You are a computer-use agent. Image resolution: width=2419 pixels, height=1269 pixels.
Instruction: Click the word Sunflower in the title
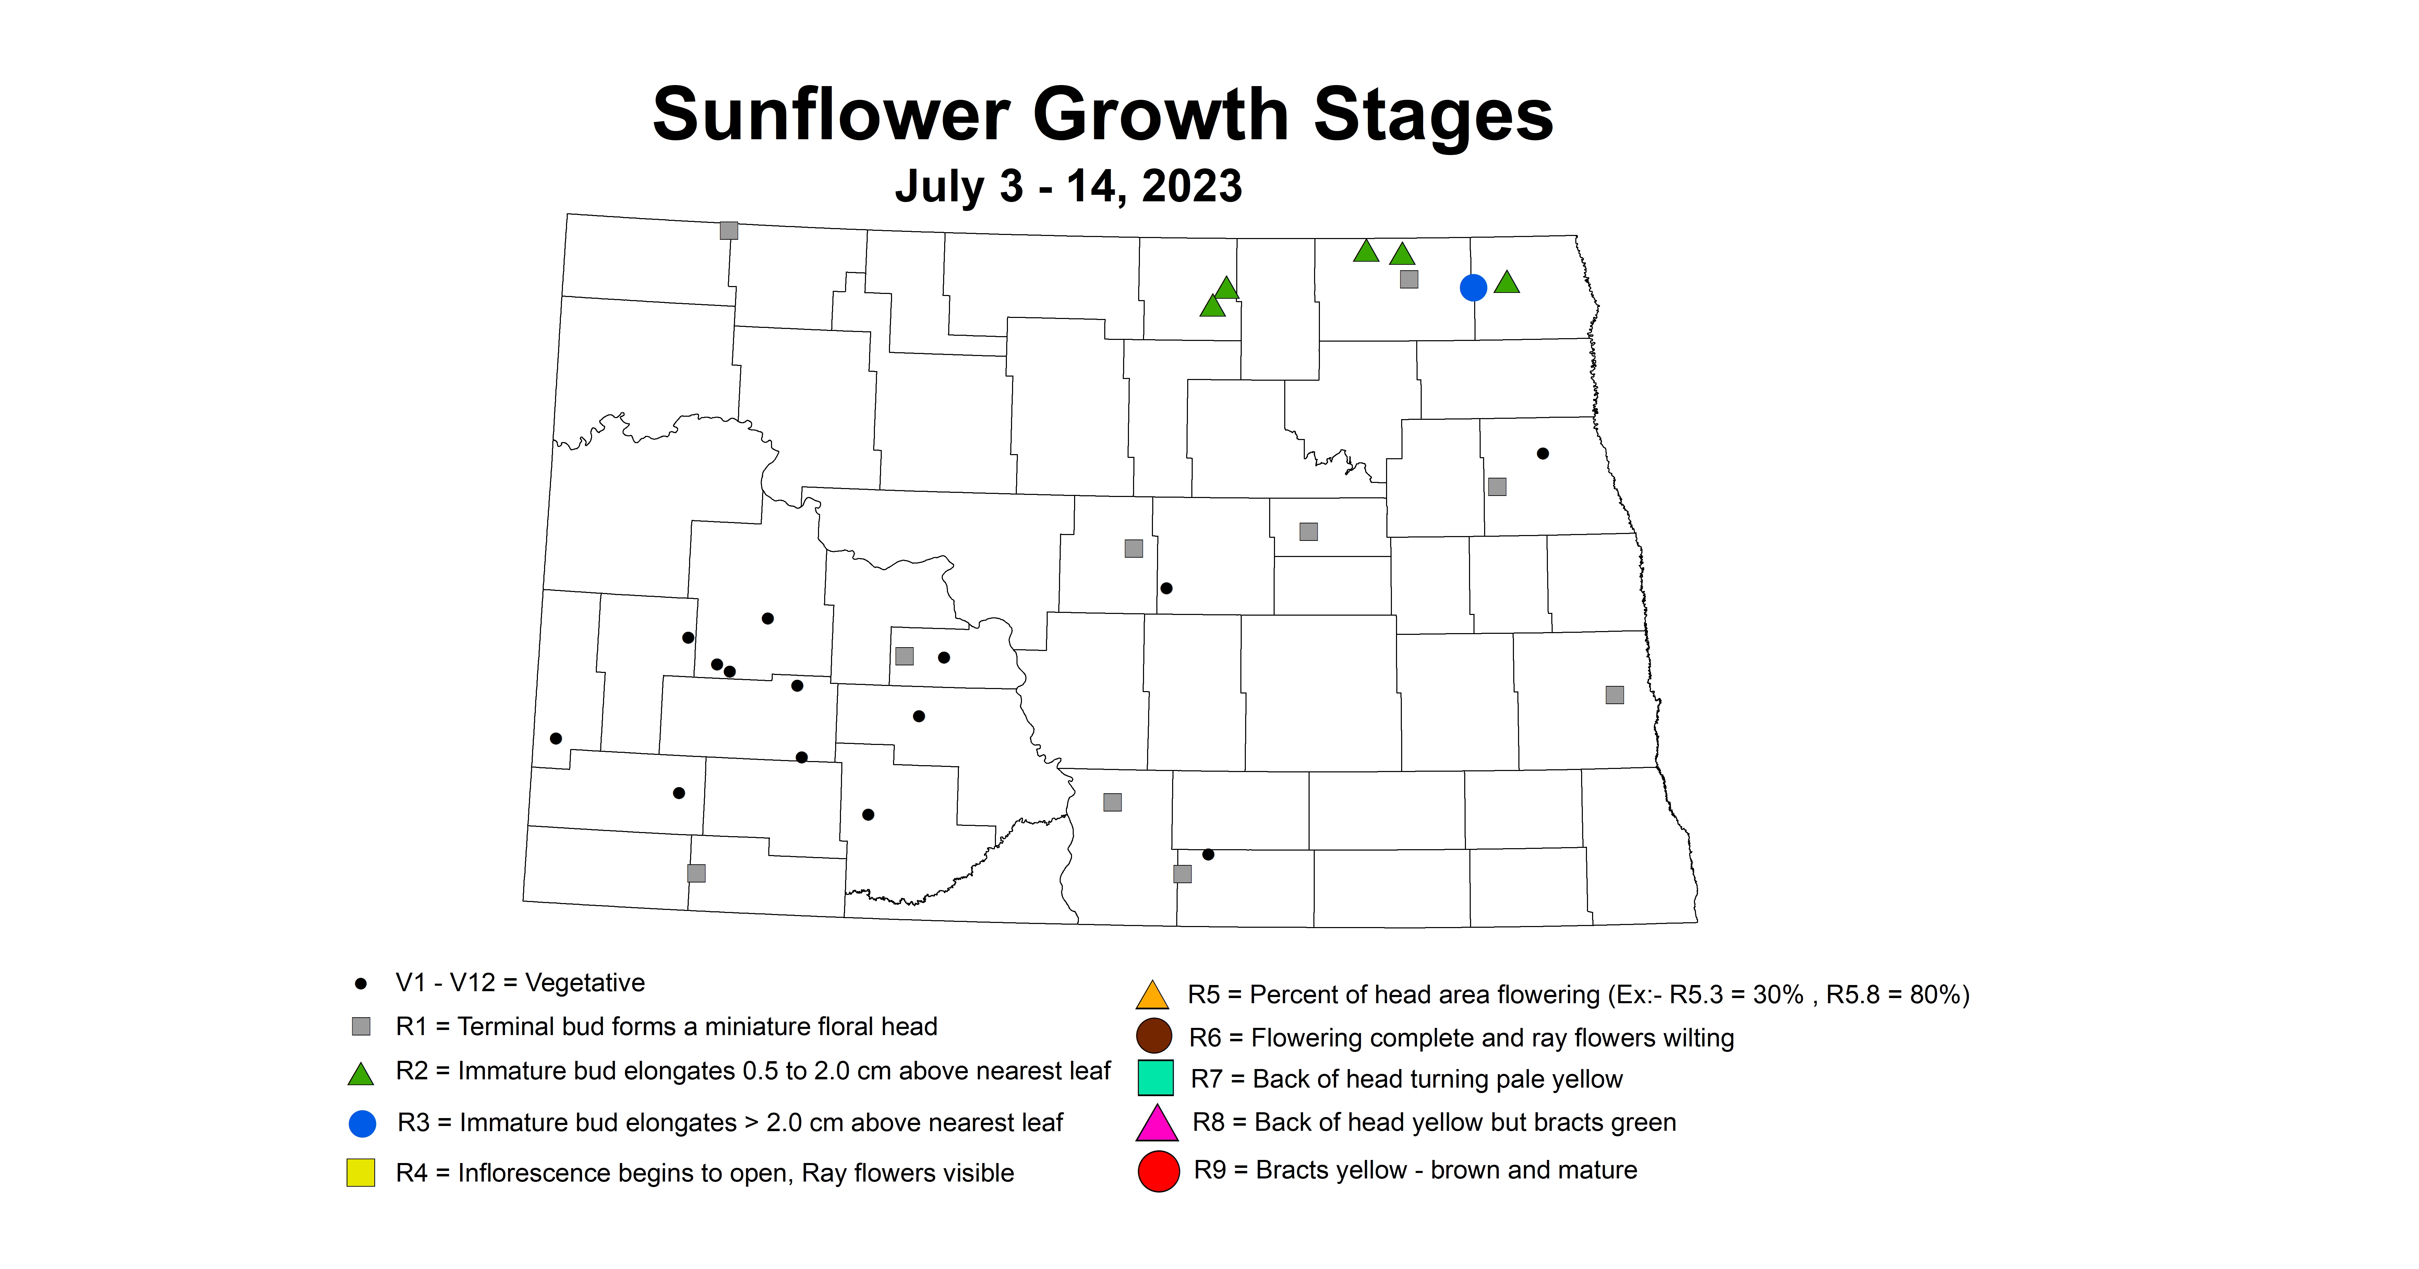click(x=831, y=115)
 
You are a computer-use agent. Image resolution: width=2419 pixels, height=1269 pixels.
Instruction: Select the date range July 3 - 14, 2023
click(x=1068, y=186)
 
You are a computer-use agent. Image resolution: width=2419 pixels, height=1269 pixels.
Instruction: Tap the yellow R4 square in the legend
click(x=361, y=1172)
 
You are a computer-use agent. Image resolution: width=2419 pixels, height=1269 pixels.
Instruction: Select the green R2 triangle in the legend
click(x=361, y=1074)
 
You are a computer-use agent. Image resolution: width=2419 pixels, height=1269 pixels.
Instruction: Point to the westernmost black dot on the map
click(x=556, y=738)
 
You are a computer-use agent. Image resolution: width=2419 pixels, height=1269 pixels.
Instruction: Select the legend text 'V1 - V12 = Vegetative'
click(x=520, y=983)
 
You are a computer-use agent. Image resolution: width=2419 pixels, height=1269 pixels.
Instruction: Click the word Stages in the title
click(x=1433, y=115)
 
